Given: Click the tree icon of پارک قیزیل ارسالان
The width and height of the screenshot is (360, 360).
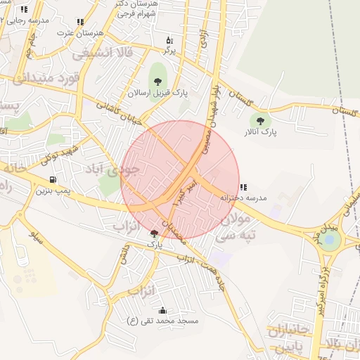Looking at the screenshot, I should tap(157, 82).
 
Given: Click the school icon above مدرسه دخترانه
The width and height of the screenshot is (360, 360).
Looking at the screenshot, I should tap(243, 187).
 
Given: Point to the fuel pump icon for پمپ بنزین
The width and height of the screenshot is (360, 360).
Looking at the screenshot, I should tap(53, 180).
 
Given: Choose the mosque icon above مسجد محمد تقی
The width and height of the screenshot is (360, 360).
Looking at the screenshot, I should tap(163, 310).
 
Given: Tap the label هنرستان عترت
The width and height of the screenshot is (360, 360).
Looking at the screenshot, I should tap(79, 33).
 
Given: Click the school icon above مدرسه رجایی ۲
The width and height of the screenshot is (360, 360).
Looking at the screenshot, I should tap(24, 10).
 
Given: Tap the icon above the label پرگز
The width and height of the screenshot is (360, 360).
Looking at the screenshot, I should tap(169, 39).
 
